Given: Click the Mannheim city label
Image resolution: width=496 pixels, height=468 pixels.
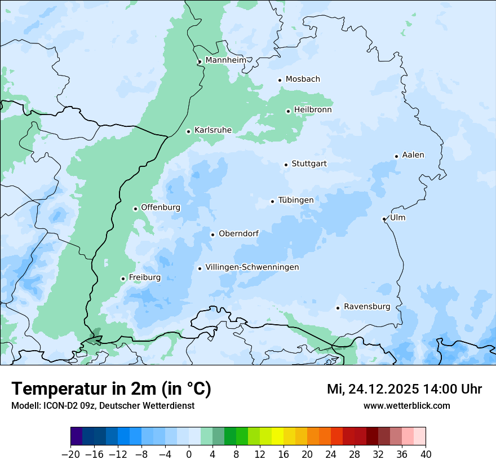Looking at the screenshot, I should click(x=225, y=60).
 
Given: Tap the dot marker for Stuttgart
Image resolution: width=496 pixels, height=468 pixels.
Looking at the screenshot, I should click(x=286, y=165).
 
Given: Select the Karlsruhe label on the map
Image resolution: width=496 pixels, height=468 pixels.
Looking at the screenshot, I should click(x=213, y=130).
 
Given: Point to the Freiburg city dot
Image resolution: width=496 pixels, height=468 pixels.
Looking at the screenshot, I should click(x=123, y=279).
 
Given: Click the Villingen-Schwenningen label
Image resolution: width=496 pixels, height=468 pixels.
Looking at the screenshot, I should click(x=252, y=267).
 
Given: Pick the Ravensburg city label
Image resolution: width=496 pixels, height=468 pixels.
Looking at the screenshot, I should click(x=367, y=307).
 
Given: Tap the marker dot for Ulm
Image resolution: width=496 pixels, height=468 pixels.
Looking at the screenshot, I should click(x=384, y=219).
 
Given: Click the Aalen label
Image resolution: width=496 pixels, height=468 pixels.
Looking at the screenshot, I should click(x=413, y=155).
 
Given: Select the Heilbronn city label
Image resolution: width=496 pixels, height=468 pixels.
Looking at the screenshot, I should click(x=313, y=110).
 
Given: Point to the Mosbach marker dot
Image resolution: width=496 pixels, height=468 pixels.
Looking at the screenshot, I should click(x=280, y=80).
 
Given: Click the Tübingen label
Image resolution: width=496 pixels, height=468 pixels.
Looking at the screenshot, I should click(x=296, y=200).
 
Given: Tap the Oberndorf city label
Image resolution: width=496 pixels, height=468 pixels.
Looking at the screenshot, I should click(x=238, y=233).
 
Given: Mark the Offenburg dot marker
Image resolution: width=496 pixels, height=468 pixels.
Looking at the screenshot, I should click(x=135, y=209).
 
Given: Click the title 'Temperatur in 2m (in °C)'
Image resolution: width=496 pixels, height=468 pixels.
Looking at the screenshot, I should click(x=111, y=388).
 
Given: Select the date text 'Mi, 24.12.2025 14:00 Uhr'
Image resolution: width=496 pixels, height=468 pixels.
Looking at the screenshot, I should click(x=404, y=389).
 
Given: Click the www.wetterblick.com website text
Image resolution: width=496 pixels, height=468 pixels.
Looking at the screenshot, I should click(x=406, y=405).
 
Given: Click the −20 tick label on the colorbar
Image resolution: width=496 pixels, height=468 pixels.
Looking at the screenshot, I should click(x=70, y=454).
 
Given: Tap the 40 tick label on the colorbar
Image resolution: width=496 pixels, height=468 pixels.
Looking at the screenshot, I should click(x=426, y=454).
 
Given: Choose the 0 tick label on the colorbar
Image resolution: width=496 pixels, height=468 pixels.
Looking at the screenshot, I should click(x=189, y=454).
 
